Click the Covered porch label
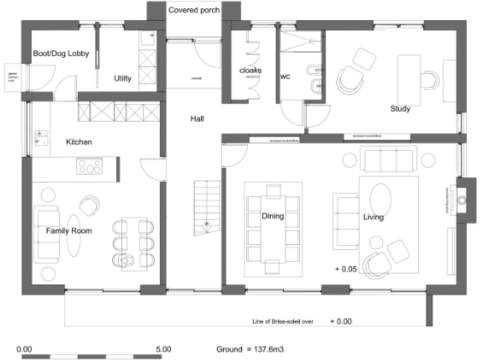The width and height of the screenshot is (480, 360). (194, 10)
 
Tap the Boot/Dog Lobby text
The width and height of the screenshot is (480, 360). (61, 54)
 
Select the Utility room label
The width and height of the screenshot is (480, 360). (122, 78)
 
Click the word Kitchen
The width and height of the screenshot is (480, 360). (79, 142)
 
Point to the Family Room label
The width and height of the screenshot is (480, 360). (69, 231)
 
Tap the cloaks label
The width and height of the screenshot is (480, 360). (250, 71)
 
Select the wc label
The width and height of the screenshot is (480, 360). (285, 77)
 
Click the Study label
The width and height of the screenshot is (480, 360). (400, 109)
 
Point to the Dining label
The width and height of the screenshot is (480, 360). (272, 217)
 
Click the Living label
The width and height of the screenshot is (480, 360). (373, 217)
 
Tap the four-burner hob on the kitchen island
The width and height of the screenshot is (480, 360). (89, 167)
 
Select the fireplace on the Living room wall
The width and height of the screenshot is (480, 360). (462, 200)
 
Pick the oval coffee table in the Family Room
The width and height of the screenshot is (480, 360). (73, 235)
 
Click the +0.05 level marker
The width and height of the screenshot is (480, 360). (345, 269)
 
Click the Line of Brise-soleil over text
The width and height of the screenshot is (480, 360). (278, 321)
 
